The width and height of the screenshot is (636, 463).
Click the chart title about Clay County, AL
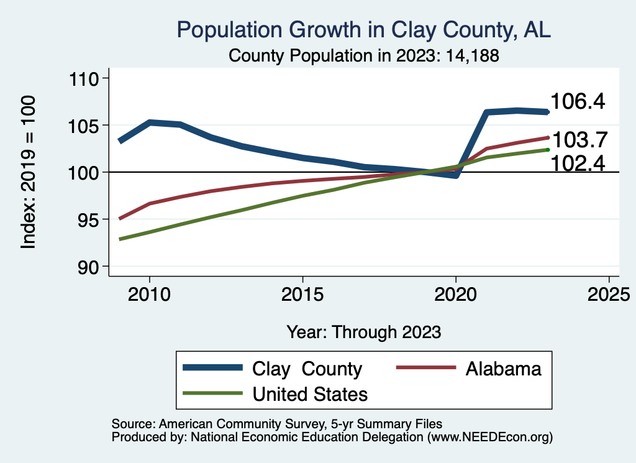pos(364,30)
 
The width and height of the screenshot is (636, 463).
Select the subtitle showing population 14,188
pos(364,55)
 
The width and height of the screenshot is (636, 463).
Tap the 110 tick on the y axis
pos(84,78)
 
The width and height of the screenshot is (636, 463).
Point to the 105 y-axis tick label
pos(84,126)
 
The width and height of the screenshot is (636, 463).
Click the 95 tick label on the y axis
pos(88,219)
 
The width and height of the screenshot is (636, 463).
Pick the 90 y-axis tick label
pos(88,267)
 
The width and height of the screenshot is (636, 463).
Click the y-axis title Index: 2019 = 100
pos(29,172)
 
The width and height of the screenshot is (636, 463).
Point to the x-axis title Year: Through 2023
pos(364,332)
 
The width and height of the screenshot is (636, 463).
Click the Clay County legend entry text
pos(307,369)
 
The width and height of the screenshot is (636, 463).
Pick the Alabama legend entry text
pos(503,369)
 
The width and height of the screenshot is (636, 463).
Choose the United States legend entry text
pos(310,394)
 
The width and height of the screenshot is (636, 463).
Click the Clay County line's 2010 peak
pos(150,122)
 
